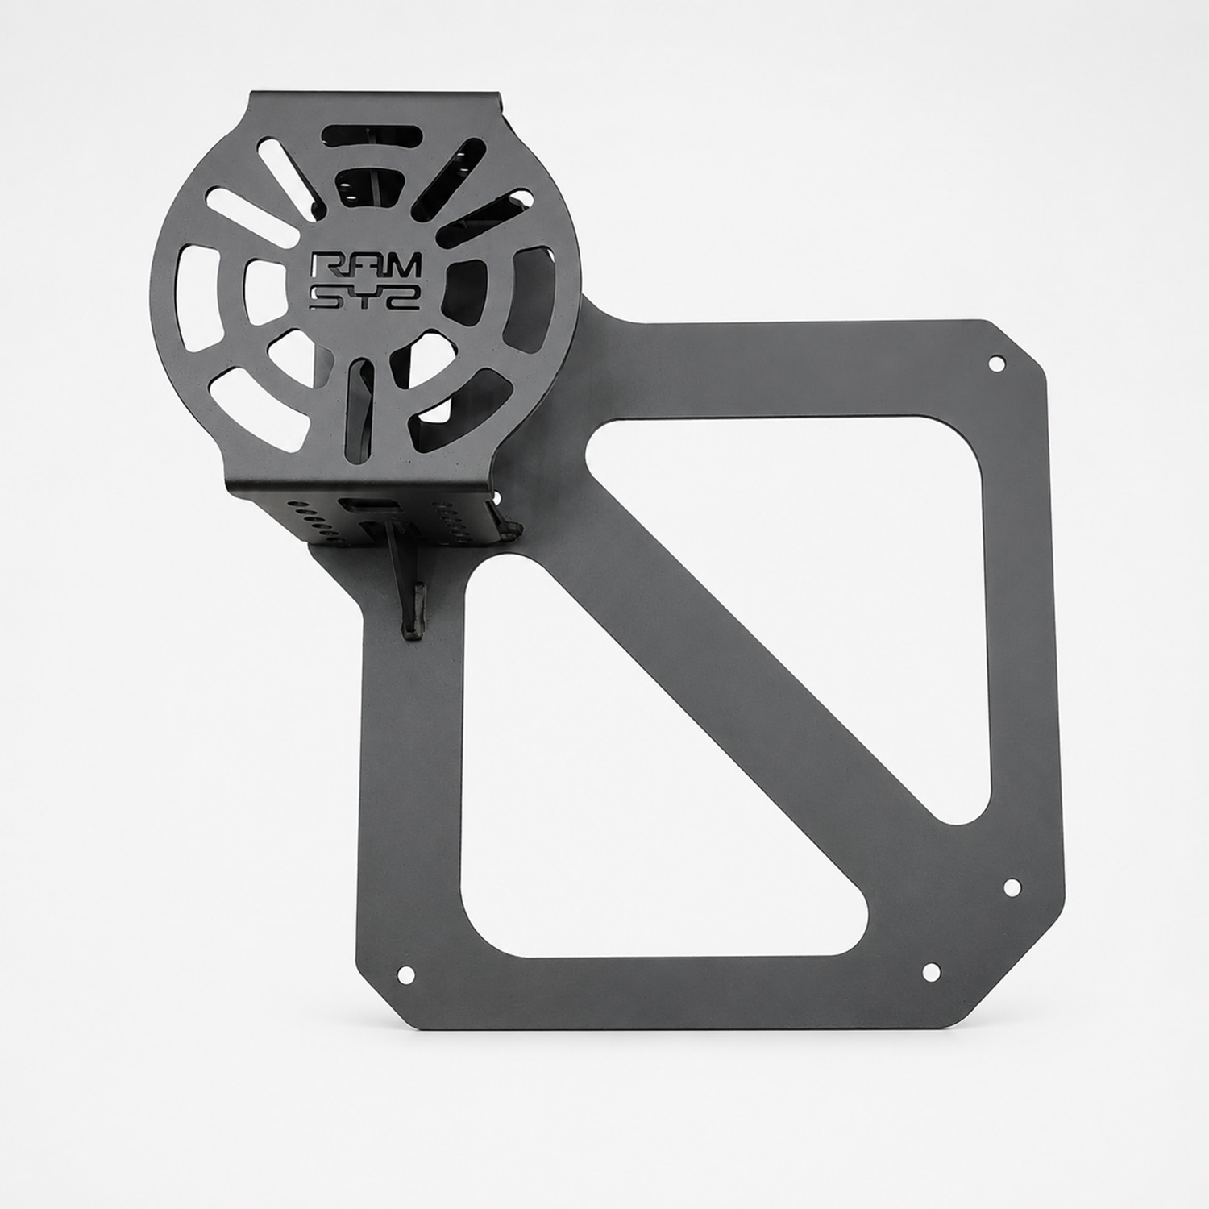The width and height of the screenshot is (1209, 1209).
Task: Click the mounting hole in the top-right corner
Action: [x=996, y=363]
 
